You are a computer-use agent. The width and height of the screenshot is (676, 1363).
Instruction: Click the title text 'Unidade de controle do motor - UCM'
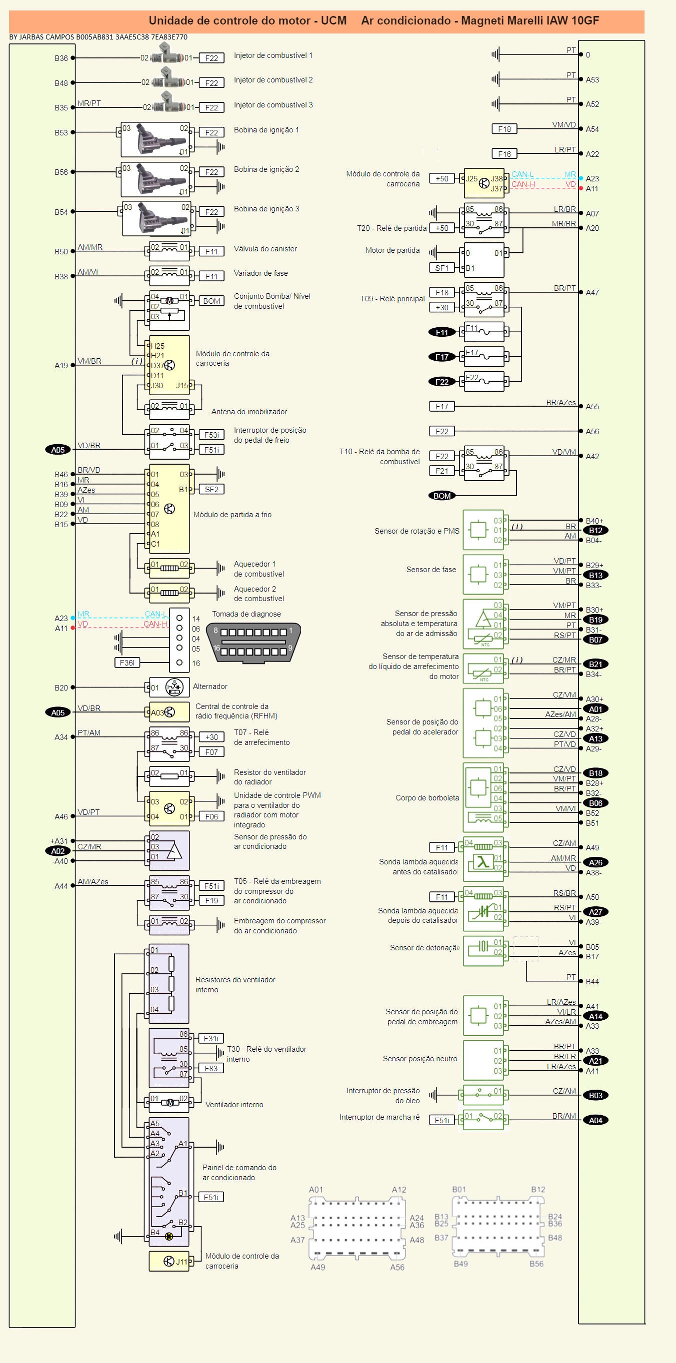tap(247, 20)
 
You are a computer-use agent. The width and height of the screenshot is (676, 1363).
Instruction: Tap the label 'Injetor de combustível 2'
tap(273, 80)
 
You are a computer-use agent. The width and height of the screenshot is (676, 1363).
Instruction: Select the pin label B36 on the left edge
tap(61, 58)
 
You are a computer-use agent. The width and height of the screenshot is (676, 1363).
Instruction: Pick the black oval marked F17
tap(442, 357)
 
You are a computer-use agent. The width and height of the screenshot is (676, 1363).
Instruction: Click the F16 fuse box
tap(504, 154)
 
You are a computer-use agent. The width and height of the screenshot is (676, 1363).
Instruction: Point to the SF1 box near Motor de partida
tap(442, 268)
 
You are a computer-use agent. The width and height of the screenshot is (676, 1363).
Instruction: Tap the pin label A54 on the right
tap(592, 129)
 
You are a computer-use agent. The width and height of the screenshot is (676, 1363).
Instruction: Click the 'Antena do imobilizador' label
tap(249, 412)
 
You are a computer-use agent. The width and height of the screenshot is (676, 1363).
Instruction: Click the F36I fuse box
tap(127, 663)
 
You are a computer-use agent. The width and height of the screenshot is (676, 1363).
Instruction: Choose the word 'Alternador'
tap(209, 686)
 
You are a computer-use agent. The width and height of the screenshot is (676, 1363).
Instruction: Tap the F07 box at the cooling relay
tap(211, 752)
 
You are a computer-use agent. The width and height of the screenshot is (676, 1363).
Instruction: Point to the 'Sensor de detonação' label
tap(424, 947)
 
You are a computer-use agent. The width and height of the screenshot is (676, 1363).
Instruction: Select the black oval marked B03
tap(595, 1095)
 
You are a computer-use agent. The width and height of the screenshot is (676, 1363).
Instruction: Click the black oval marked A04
tap(595, 1120)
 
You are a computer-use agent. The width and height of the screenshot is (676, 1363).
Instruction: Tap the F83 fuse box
tap(211, 1068)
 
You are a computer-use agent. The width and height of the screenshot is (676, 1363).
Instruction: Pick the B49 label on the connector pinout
tap(460, 1264)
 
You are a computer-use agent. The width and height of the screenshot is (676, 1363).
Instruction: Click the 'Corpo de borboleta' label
tap(427, 798)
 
